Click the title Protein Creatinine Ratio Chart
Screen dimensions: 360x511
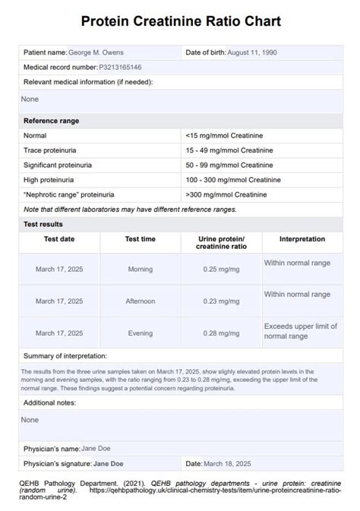[x=180, y=21]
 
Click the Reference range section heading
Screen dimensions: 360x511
[x=51, y=121]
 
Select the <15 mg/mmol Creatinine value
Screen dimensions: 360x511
[x=224, y=135]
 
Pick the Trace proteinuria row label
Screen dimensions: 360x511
[x=50, y=150]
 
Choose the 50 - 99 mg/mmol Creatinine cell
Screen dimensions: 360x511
[x=229, y=165]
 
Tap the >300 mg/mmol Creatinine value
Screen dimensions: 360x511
[x=226, y=194]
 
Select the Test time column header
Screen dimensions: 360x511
[x=140, y=239]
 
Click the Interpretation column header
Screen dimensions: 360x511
[x=302, y=239]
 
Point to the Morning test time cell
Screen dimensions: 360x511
[x=140, y=269]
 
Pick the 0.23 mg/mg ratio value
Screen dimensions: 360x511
[x=221, y=301]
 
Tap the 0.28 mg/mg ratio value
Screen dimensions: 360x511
[x=221, y=333]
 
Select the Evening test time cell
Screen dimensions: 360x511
[x=140, y=333]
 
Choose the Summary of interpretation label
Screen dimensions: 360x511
[x=65, y=355]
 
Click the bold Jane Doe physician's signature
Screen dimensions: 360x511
[x=108, y=462]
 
